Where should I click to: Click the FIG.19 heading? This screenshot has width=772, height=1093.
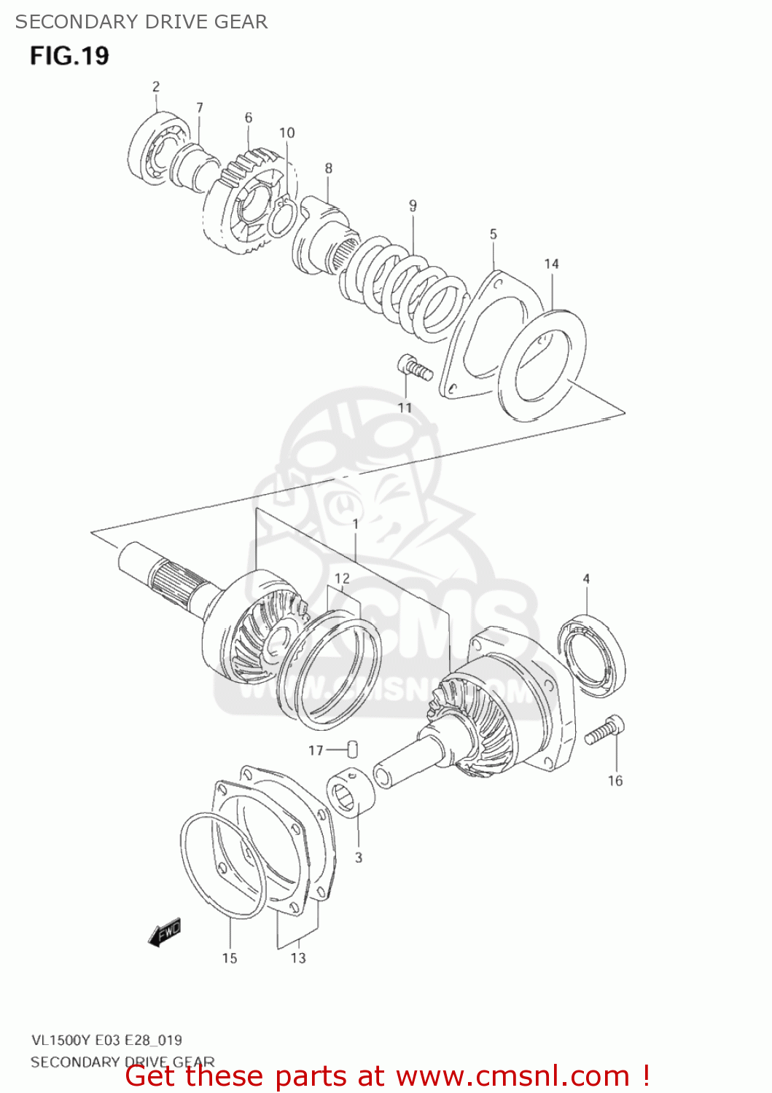point(70,55)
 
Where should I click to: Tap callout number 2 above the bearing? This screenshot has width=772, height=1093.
point(156,87)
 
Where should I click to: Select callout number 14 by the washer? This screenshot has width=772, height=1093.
point(551,264)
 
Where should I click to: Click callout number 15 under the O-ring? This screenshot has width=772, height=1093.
point(230,958)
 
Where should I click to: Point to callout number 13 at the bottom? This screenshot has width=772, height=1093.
point(298,958)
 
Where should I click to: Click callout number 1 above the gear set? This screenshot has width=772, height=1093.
point(355,524)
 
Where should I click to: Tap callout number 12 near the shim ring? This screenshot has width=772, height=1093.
point(342,579)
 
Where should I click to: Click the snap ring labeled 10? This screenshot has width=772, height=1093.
point(281,219)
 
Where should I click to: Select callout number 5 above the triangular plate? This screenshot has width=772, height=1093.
point(494,234)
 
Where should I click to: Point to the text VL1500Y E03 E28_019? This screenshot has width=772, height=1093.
point(106,1041)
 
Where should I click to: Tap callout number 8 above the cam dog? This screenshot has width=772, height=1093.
point(329,168)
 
